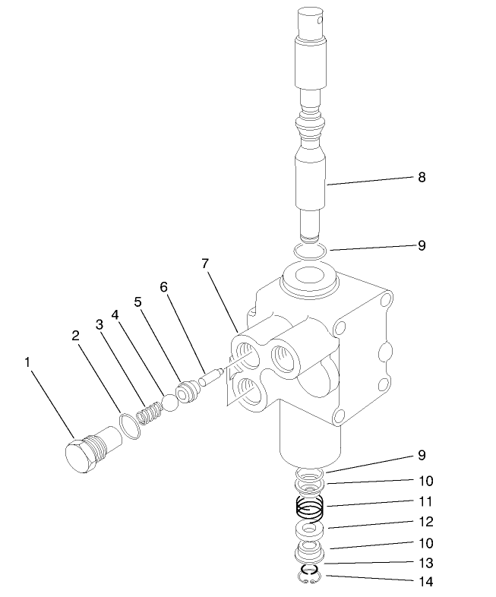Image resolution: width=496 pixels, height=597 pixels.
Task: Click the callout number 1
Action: pyautogui.click(x=28, y=362)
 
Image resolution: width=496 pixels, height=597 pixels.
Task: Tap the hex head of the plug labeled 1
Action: pyautogui.click(x=77, y=457)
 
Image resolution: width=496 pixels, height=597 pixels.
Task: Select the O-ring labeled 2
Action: pyautogui.click(x=130, y=425)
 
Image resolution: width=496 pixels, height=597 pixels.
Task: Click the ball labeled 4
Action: pyautogui.click(x=169, y=403)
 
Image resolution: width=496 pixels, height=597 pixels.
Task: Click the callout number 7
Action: pyautogui.click(x=205, y=264)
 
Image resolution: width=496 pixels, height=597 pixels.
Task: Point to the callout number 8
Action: pyautogui.click(x=422, y=177)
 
